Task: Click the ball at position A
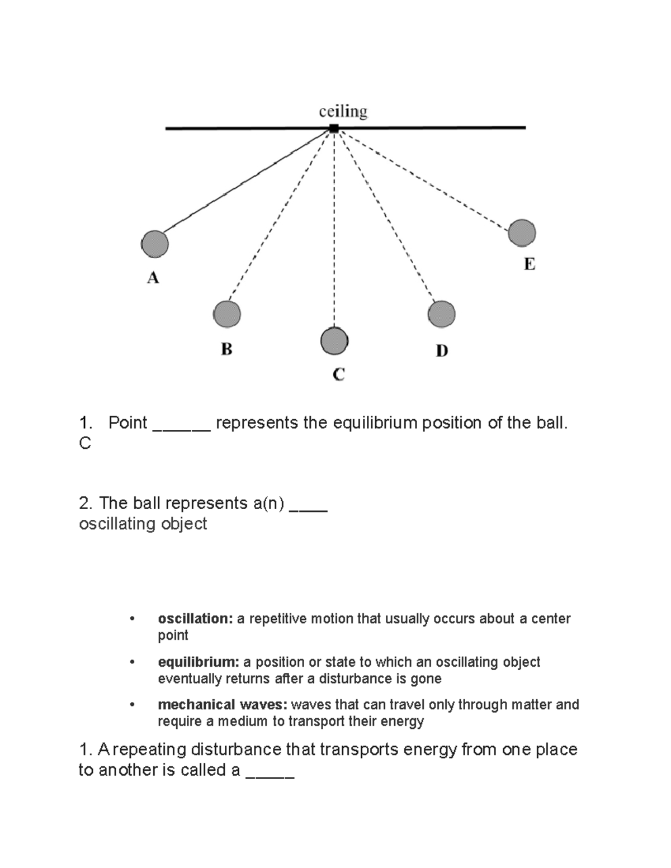pyautogui.click(x=155, y=244)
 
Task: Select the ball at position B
pyautogui.click(x=227, y=314)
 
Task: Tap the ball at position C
pyautogui.click(x=334, y=341)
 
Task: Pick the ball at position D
pyautogui.click(x=441, y=314)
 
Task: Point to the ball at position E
pyautogui.click(x=522, y=233)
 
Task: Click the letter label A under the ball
pyautogui.click(x=153, y=278)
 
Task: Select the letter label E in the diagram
pyautogui.click(x=529, y=264)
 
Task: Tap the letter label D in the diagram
pyautogui.click(x=442, y=351)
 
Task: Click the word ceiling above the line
pyautogui.click(x=343, y=112)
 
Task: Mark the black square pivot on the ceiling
pyautogui.click(x=334, y=129)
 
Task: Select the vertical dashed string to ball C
pyautogui.click(x=334, y=229)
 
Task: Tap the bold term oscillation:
pyautogui.click(x=195, y=619)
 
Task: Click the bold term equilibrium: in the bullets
pyautogui.click(x=199, y=662)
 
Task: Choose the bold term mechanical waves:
pyautogui.click(x=223, y=705)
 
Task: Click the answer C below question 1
pyautogui.click(x=85, y=444)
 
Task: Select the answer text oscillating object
pyautogui.click(x=143, y=524)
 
